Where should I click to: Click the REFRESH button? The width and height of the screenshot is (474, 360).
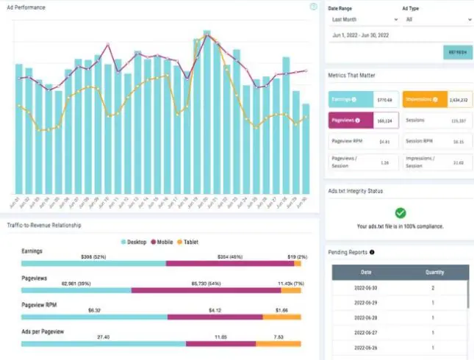point(458,52)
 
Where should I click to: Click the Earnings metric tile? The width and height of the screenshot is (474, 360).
point(363,99)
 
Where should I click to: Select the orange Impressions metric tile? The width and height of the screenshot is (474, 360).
point(437,99)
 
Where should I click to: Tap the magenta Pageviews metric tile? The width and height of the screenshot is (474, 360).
point(363,120)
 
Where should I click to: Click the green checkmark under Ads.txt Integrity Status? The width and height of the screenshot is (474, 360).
point(400,213)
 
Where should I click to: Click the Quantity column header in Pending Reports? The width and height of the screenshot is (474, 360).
point(434,272)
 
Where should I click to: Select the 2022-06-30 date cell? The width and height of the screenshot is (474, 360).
point(366,288)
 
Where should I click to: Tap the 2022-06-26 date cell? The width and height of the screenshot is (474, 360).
point(366,348)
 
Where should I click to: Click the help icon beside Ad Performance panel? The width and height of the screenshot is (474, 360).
point(314,7)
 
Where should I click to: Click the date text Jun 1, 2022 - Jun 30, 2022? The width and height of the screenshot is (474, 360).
point(361,35)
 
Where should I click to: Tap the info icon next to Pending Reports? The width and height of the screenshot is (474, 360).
point(372,252)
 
